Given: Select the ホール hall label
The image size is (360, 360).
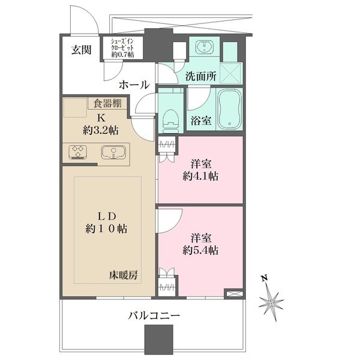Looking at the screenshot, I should pos(133,85).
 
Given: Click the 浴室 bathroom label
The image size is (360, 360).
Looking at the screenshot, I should pos(201,120).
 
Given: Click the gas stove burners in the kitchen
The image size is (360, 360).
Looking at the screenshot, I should pos(77,152).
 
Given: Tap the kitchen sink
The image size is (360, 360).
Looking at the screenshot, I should pos(112,152).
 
